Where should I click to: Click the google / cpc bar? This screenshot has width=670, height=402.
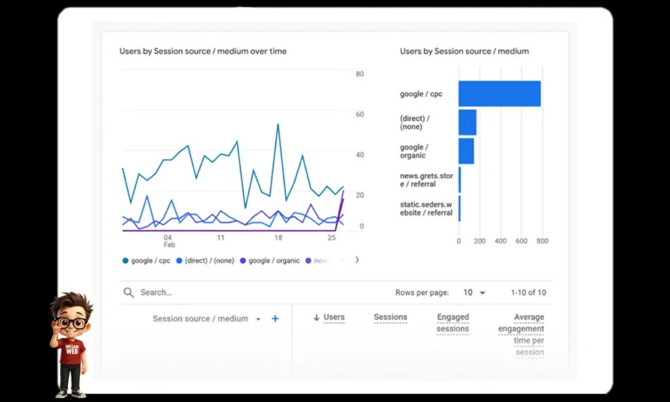[499, 94]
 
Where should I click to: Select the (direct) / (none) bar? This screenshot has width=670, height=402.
[467, 122]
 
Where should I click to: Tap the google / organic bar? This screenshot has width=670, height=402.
[466, 151]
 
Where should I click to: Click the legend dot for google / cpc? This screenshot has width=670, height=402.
[126, 261]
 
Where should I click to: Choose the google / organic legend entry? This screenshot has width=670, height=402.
[270, 261]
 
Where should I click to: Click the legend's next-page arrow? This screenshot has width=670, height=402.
[357, 260]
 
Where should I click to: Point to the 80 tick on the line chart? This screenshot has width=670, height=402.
[360, 74]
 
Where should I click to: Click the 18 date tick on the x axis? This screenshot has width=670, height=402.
[278, 238]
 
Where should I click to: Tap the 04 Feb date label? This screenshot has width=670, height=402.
[169, 241]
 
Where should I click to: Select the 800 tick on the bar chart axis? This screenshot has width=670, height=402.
[542, 241]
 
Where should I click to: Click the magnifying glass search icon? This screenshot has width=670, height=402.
[129, 293]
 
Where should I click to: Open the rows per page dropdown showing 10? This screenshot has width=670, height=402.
[475, 293]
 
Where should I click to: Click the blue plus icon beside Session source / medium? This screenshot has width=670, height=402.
[275, 319]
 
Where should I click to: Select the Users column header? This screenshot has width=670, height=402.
[334, 317]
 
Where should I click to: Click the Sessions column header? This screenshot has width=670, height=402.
[391, 317]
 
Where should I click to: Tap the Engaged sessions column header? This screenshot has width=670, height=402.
[453, 323]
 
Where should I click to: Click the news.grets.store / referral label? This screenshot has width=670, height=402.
[426, 180]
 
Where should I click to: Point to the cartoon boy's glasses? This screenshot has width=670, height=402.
[71, 323]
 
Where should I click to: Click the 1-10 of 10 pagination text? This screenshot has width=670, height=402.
[528, 293]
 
